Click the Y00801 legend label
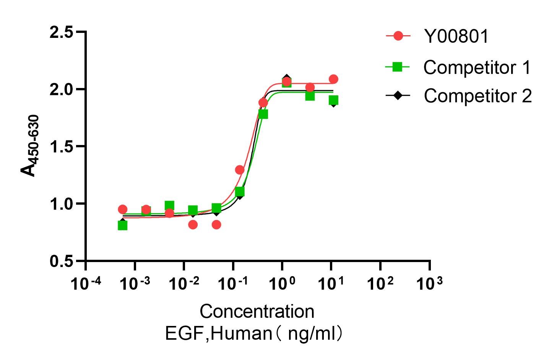(456, 37)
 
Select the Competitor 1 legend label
(477, 68)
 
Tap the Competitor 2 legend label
(478, 96)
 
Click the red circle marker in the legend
(398, 37)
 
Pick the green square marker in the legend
(398, 67)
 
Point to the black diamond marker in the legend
(398, 96)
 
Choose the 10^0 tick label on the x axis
(282, 283)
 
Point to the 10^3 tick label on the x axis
(430, 283)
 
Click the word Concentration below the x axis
(257, 312)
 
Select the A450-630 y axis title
(30, 147)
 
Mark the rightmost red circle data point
(333, 79)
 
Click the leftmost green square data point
(122, 226)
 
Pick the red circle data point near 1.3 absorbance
(240, 170)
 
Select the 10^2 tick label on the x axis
(380, 283)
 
